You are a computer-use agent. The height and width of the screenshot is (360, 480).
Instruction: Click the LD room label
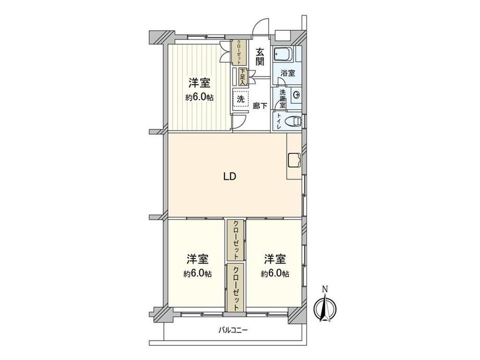(230, 176)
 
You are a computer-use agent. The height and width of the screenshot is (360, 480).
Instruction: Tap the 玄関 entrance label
(260, 57)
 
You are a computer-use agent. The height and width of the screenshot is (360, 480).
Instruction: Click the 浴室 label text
(288, 73)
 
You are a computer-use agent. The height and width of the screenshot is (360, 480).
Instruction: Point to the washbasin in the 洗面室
(296, 95)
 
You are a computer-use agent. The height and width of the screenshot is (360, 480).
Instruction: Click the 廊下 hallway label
(260, 106)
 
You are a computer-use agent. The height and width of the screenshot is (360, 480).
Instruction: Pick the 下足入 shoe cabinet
(243, 77)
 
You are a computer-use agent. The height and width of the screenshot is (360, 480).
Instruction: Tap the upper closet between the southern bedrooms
(236, 240)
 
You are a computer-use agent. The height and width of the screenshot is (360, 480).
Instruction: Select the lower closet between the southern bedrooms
(236, 288)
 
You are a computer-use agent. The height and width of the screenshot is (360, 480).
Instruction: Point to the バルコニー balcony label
(233, 330)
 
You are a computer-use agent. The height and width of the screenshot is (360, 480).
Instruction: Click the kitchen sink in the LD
(294, 160)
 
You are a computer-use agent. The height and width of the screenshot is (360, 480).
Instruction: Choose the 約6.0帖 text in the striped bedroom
(199, 98)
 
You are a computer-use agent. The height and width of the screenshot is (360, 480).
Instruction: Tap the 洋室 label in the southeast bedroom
(275, 259)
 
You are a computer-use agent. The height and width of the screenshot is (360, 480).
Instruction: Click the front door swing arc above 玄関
(258, 23)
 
